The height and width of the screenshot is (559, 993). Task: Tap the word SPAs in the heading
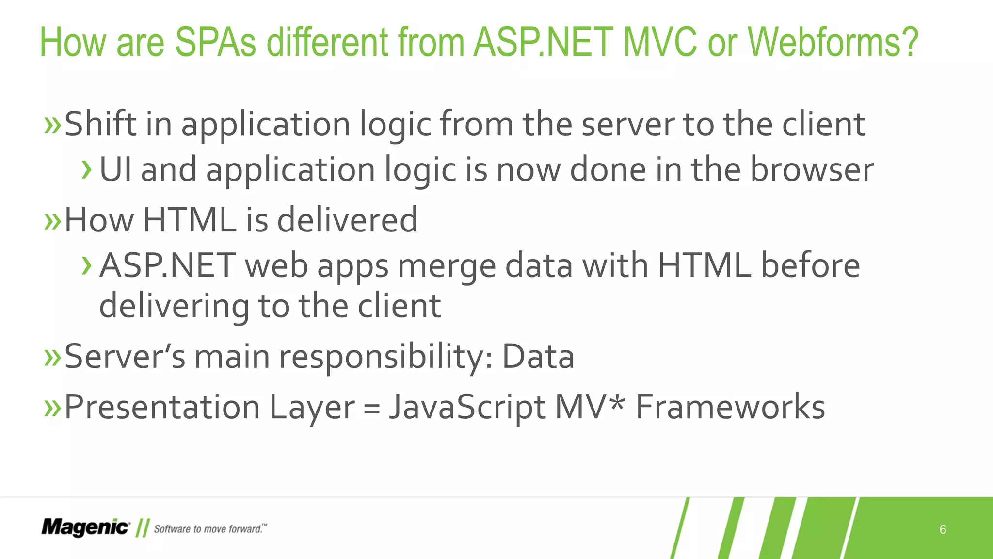click(215, 43)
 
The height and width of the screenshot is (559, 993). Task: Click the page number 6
click(943, 529)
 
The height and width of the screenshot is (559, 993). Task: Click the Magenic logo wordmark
click(85, 527)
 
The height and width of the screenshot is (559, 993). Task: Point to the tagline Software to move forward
click(210, 529)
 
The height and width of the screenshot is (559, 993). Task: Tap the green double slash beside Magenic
click(142, 528)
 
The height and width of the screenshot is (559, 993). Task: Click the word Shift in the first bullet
click(100, 124)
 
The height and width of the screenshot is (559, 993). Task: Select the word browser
click(812, 170)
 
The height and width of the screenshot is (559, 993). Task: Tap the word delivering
click(174, 306)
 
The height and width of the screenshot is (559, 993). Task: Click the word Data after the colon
click(538, 357)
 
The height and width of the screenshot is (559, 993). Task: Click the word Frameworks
click(730, 407)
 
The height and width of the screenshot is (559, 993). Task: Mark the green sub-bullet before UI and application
click(87, 170)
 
